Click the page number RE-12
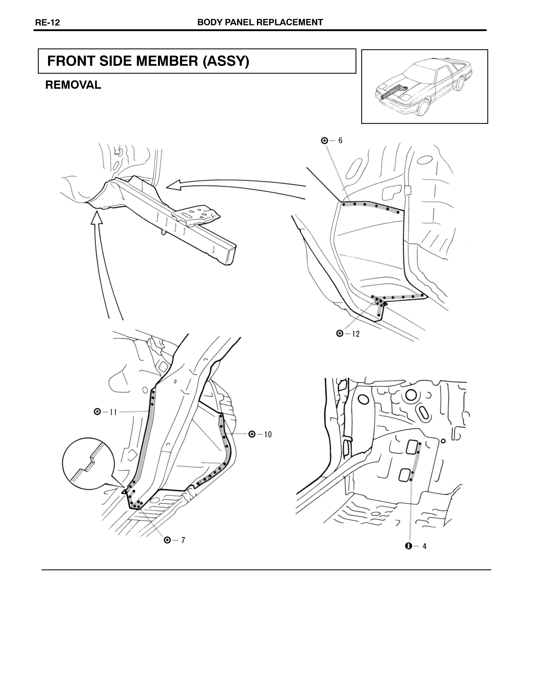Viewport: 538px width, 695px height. click(47, 23)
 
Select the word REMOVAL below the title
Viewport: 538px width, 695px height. click(73, 85)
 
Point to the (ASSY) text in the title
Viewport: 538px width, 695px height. click(226, 61)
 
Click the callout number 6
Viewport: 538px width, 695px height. click(340, 140)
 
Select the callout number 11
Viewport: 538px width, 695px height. click(114, 412)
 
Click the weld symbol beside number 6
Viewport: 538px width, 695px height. click(325, 140)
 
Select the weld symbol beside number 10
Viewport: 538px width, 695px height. click(252, 434)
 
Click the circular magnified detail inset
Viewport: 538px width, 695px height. click(87, 463)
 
